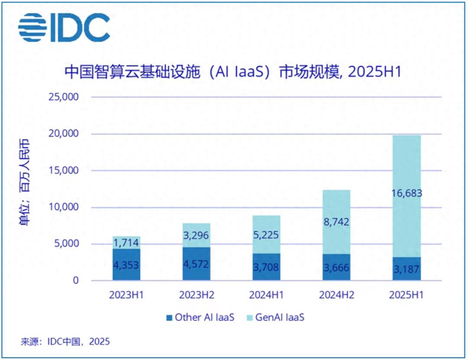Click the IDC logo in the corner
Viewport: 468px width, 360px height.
tap(64, 28)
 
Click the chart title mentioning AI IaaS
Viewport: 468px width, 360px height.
tap(233, 71)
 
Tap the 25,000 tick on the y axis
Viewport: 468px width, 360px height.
tap(63, 97)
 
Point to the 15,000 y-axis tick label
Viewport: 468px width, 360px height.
tap(63, 170)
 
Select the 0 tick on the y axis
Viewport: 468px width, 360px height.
tap(75, 280)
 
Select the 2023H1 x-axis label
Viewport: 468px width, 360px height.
tap(126, 295)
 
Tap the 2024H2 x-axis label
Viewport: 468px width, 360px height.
tap(336, 295)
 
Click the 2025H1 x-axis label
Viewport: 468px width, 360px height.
tap(406, 295)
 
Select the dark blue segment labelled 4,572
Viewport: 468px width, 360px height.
tap(196, 264)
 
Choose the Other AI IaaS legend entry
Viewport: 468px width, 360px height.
tap(200, 318)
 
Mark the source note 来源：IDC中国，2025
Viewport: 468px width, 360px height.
tap(65, 342)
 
